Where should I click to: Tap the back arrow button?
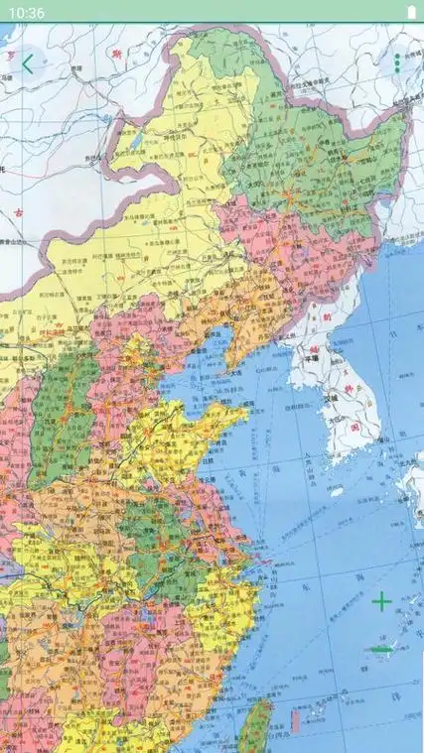(27, 64)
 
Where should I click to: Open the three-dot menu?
(397, 63)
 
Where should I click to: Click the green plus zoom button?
(381, 601)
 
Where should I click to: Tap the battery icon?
(410, 12)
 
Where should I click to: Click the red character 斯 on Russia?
(116, 53)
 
